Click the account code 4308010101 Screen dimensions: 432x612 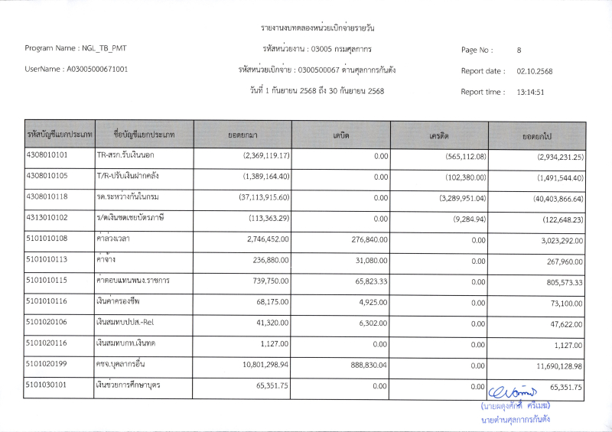47,155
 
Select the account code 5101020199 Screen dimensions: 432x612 47,365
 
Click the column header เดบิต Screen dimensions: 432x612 341,135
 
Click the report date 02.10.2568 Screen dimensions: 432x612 534,71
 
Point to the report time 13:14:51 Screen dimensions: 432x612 530,92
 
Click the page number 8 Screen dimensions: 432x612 519,50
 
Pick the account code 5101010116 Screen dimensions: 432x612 47,303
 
